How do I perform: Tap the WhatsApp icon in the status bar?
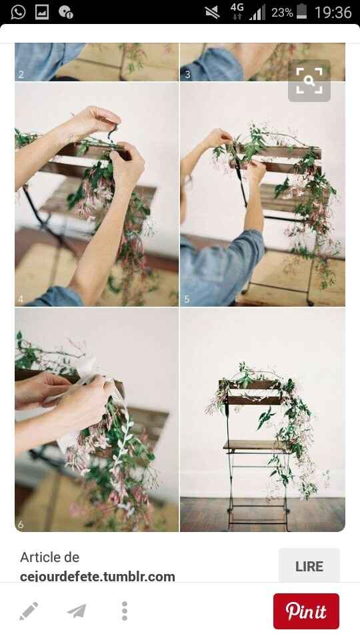coord(18,12)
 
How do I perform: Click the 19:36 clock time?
coord(333,13)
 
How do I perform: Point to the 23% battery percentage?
coord(282,13)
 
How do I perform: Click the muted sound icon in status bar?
coord(212,13)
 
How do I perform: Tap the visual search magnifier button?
coord(309,81)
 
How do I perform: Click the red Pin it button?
coord(306,611)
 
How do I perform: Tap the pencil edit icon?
coord(29,611)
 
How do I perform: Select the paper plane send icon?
coord(77,611)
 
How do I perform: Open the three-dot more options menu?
coord(125,611)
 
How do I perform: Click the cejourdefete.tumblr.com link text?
coord(97,577)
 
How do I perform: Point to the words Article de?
coord(50,557)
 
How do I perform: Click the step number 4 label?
coord(21,299)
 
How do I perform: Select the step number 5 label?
coord(187,299)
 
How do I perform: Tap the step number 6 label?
coord(21,525)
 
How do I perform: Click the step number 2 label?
coord(21,74)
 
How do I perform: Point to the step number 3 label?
coord(188,74)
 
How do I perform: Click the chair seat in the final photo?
coord(255,446)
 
